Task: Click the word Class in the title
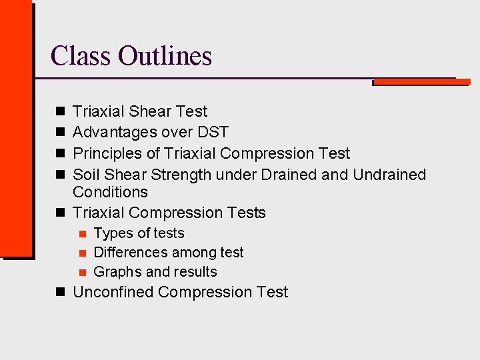pyautogui.click(x=81, y=56)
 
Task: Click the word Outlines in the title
pyautogui.click(x=165, y=56)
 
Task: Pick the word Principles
pyautogui.click(x=107, y=153)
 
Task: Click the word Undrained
pyautogui.click(x=389, y=175)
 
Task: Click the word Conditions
pyautogui.click(x=110, y=192)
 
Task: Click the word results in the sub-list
pyautogui.click(x=195, y=272)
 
